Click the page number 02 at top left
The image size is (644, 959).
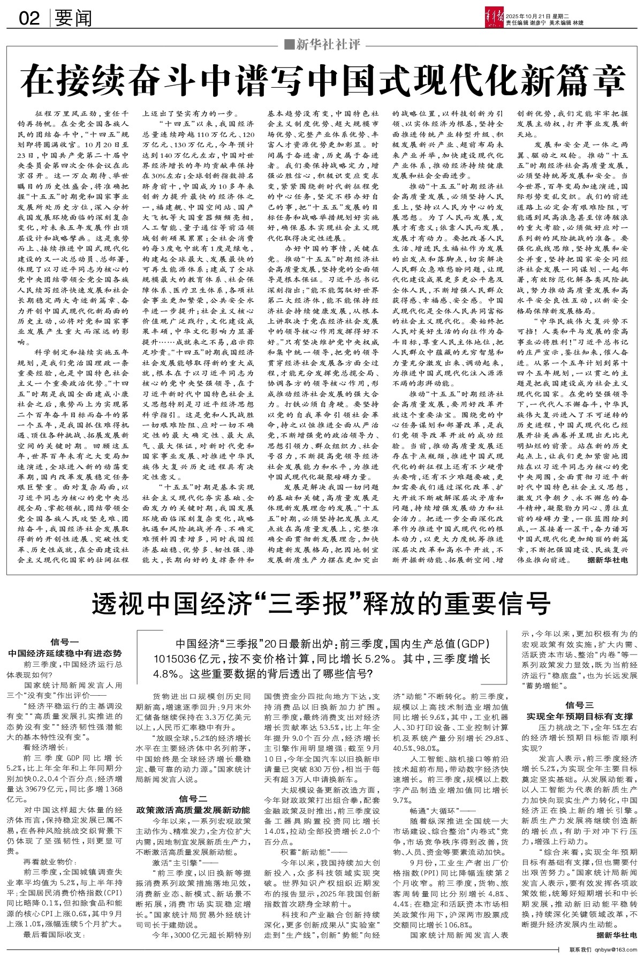pyautogui.click(x=29, y=19)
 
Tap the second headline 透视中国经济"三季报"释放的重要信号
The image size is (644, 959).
pyautogui.click(x=322, y=604)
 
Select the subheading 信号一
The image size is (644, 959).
pyautogui.click(x=65, y=642)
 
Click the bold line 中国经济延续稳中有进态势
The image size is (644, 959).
pyautogui.click(x=65, y=653)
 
